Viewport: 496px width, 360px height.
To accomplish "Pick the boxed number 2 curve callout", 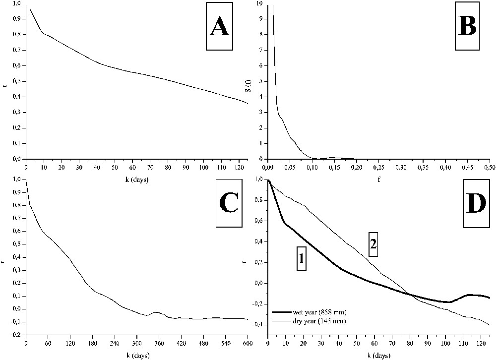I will [x=373, y=244].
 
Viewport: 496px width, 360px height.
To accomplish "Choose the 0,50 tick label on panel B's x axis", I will [x=489, y=167].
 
